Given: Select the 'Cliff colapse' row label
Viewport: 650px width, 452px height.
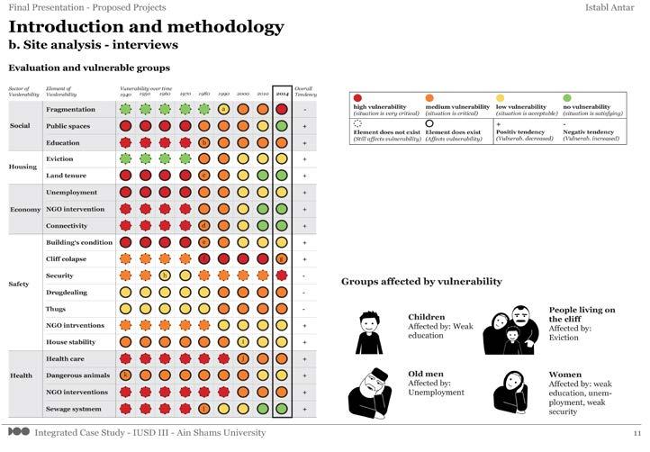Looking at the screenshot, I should (x=66, y=258).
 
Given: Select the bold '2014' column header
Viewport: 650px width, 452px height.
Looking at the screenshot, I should (x=282, y=93).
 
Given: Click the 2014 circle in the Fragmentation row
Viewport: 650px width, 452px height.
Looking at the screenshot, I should (x=282, y=109).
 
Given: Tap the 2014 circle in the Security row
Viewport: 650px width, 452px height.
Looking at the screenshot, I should (x=282, y=276).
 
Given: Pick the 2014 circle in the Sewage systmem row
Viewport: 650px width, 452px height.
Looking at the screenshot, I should (x=282, y=409).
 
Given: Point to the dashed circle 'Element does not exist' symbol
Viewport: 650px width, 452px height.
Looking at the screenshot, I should (x=357, y=122).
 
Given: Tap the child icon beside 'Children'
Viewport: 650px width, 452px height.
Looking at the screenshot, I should (x=369, y=332).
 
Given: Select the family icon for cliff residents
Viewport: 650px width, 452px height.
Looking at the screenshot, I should (x=510, y=329).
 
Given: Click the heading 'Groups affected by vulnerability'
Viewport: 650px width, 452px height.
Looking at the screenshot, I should (x=421, y=281).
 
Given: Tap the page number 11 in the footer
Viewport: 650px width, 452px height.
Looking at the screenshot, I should (x=636, y=434).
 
